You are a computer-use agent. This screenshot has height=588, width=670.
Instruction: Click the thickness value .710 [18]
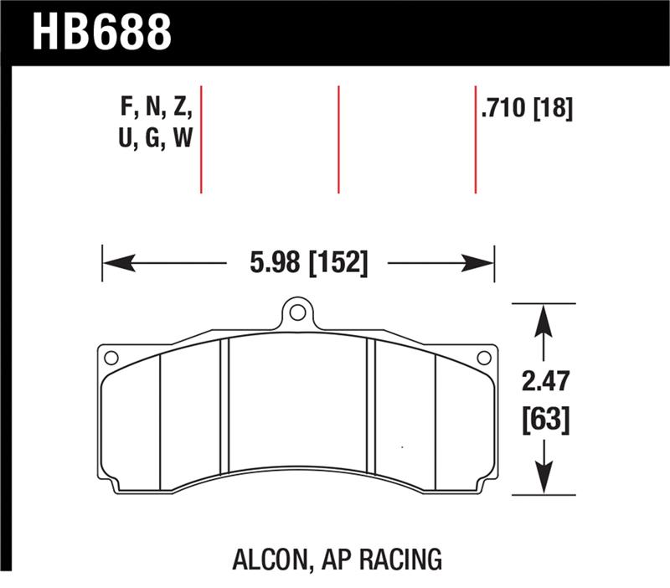click(527, 109)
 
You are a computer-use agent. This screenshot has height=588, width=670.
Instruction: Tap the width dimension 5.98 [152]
click(308, 263)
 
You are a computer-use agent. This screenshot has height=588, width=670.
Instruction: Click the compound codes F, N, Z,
click(157, 108)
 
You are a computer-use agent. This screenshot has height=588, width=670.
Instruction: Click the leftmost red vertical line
click(201, 139)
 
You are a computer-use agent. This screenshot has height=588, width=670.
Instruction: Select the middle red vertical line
click(338, 139)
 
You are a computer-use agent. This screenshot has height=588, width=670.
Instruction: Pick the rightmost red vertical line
click(475, 139)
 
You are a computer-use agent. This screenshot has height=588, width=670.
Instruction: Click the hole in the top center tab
click(296, 314)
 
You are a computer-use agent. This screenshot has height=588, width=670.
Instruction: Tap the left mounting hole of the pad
click(110, 358)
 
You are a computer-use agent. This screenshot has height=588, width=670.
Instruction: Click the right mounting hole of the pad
click(482, 358)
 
